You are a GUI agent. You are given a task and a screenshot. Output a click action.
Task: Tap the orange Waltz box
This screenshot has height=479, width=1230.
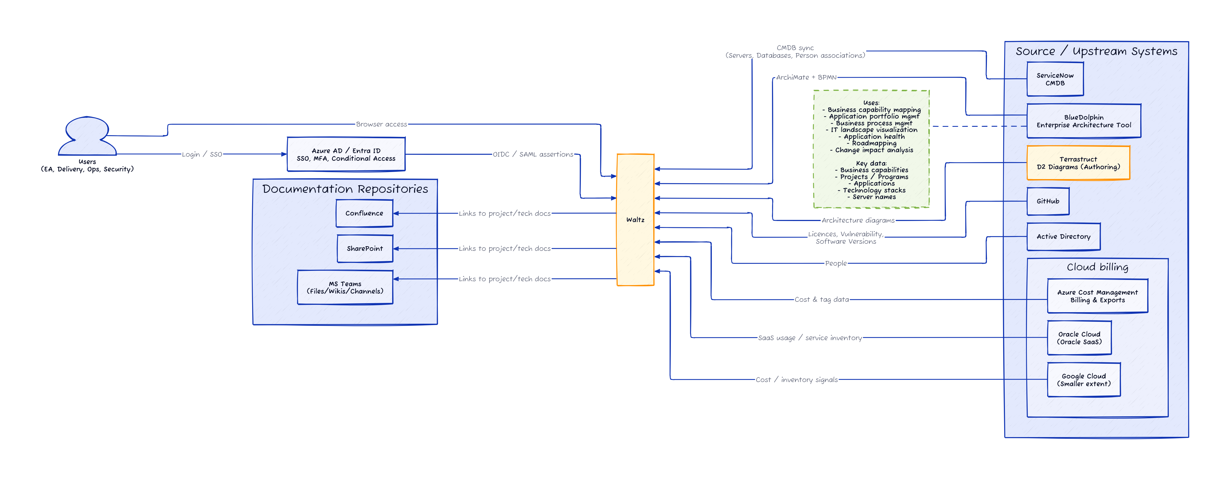[x=635, y=220]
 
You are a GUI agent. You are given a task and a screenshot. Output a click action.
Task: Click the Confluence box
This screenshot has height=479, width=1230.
[x=364, y=213]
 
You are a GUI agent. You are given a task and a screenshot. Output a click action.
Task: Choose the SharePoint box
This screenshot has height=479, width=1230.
[x=365, y=249]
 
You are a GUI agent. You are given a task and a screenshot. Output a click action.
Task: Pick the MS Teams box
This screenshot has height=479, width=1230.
[x=345, y=287]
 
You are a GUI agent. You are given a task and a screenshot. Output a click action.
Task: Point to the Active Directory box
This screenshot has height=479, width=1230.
[x=1063, y=237]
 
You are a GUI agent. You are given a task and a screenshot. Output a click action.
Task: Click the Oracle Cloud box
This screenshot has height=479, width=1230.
[x=1079, y=338]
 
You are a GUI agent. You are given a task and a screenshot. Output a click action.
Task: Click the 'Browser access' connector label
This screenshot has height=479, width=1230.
[x=381, y=124]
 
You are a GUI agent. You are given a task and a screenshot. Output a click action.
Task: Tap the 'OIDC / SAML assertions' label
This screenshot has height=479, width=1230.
[x=533, y=154]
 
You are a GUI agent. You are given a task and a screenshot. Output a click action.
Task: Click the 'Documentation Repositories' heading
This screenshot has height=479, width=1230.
[x=345, y=189]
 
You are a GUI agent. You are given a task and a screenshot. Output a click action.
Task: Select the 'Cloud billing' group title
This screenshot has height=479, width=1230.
[x=1097, y=267]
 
